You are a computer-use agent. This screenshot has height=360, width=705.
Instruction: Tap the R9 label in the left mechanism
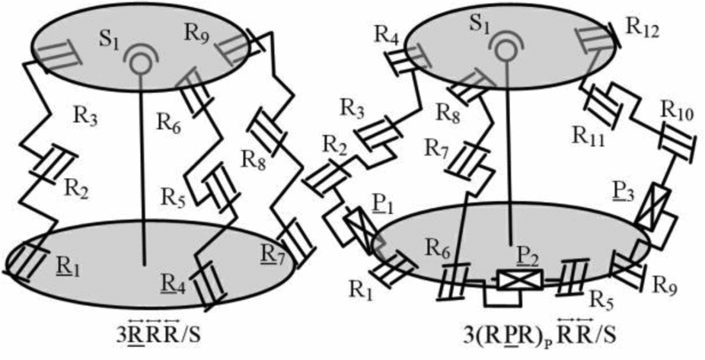[195, 33]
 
